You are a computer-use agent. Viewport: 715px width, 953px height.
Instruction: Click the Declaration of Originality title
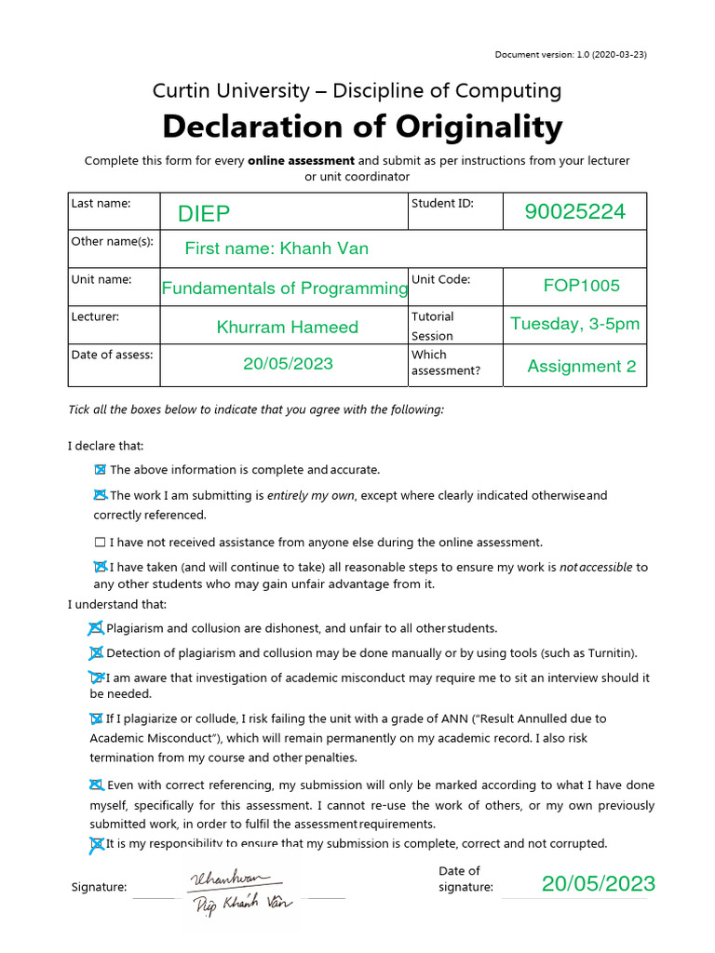362,127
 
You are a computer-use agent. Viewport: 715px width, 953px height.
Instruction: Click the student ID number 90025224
574,212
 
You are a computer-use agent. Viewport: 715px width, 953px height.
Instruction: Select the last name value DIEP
204,214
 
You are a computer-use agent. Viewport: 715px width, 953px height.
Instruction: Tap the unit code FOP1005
581,285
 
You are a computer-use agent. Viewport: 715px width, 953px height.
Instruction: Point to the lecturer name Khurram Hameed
287,327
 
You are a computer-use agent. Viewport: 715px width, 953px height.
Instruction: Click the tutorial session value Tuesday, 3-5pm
574,324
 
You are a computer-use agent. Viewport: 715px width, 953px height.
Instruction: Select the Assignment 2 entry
582,366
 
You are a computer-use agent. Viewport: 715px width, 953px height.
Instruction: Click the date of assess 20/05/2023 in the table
288,364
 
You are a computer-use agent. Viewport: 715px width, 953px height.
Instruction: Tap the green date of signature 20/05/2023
599,883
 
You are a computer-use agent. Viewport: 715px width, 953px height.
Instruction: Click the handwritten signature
229,889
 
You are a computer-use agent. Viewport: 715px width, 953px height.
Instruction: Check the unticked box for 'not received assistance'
100,542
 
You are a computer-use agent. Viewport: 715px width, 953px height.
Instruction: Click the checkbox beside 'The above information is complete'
100,470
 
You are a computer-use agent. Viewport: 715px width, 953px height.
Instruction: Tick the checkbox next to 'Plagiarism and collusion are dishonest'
95,628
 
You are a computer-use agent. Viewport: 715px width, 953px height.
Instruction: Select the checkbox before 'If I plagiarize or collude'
95,718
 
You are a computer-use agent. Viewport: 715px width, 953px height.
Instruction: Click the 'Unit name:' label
101,279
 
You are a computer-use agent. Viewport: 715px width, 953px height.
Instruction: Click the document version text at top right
571,54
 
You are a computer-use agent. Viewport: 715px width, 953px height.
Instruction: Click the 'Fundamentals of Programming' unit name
285,289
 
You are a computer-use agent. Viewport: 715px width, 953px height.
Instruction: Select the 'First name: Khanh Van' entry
277,248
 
